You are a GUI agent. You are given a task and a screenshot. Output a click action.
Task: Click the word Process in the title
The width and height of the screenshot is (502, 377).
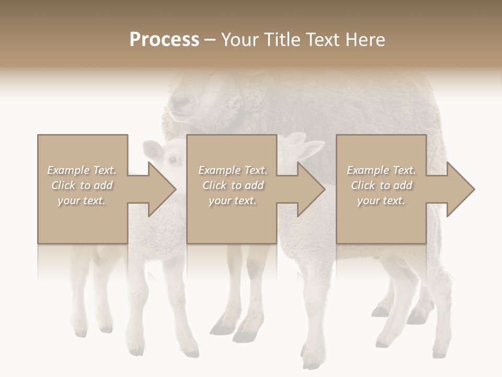click(164, 39)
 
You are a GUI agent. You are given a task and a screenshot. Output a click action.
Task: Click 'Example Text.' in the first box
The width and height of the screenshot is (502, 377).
click(82, 170)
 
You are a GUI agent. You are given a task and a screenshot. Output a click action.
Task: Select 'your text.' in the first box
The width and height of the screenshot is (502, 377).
click(82, 201)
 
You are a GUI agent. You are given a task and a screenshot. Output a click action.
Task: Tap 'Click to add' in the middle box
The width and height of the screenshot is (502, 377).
click(233, 185)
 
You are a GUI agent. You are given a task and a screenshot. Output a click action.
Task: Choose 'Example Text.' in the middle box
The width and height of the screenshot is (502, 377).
click(233, 170)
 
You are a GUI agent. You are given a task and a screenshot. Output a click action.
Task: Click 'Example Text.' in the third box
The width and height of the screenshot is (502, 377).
click(381, 170)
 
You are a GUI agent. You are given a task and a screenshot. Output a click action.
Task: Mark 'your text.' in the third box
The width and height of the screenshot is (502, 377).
click(381, 201)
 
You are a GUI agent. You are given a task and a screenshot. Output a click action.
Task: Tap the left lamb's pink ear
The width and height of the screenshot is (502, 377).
click(154, 151)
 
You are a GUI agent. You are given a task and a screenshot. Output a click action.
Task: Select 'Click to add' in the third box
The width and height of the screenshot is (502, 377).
click(381, 185)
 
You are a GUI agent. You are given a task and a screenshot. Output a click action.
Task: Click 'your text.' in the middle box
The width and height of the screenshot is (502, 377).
click(233, 201)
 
